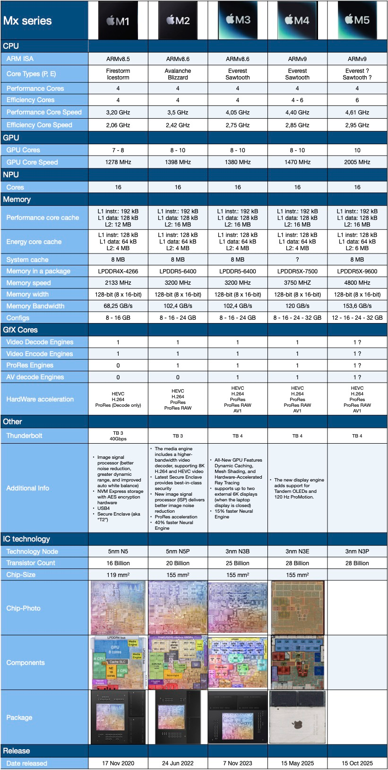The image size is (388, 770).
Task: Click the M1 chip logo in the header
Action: (118, 20)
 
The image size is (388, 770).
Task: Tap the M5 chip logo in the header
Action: (357, 20)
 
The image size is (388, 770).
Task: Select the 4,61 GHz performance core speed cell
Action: (357, 113)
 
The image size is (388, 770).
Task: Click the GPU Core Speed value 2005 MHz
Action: (357, 162)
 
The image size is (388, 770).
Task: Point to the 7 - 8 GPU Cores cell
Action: (118, 150)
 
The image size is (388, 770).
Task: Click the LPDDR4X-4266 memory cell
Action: (118, 271)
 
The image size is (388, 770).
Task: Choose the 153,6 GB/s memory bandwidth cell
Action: (357, 306)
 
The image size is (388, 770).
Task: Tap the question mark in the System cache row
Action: (297, 260)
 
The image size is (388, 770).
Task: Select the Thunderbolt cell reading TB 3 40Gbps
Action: (118, 436)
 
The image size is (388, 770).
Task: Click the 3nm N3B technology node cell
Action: (238, 551)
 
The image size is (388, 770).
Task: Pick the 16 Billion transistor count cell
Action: (118, 563)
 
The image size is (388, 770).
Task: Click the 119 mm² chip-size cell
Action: (118, 575)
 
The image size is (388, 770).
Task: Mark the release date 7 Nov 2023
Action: (238, 763)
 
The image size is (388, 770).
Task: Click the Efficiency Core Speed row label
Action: (39, 125)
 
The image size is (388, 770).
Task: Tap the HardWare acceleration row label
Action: (40, 399)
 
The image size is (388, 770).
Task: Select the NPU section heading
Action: (11, 175)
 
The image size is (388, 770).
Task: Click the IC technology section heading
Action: (26, 539)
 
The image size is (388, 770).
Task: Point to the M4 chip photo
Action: (298, 608)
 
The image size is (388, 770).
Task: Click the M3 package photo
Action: (238, 717)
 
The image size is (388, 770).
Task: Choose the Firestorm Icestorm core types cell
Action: (118, 74)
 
